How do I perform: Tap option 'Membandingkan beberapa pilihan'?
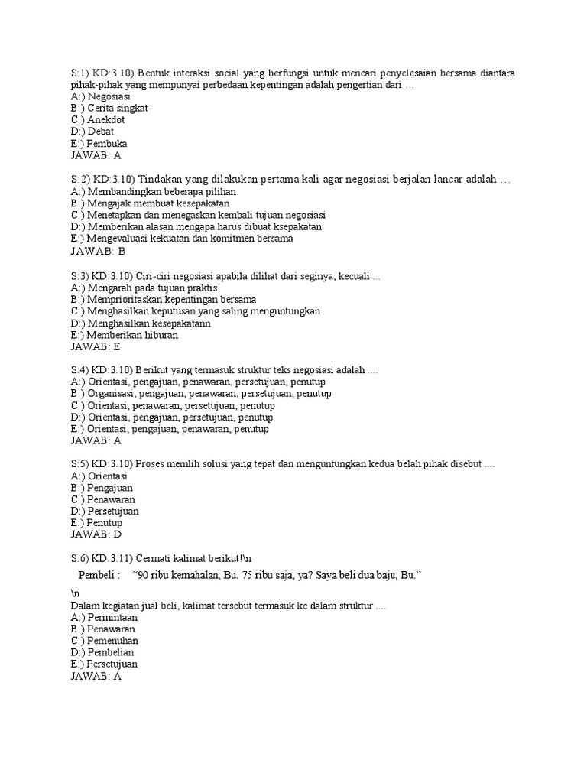coord(153,191)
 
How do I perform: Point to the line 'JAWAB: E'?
coord(96,346)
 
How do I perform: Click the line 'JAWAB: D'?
coord(96,534)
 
